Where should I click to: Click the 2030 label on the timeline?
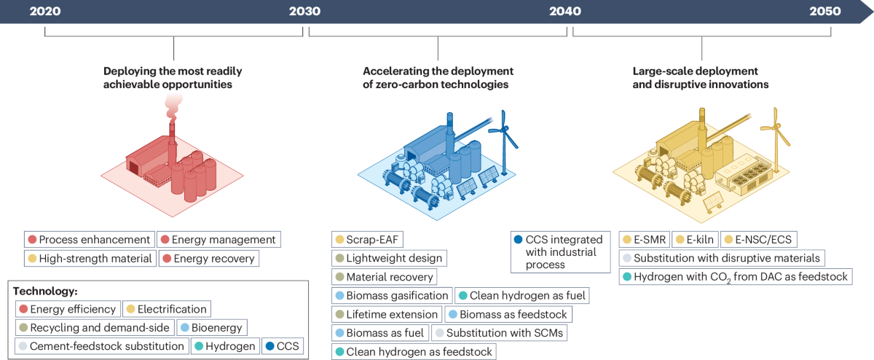coord(304,11)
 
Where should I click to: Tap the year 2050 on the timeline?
coord(824,11)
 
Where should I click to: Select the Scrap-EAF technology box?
coord(367,239)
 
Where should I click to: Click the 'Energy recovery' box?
coord(209,259)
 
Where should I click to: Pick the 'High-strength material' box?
coord(90,259)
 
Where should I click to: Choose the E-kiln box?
coord(695,239)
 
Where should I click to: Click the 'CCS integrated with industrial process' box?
coord(560,252)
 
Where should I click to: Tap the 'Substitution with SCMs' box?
coord(499,333)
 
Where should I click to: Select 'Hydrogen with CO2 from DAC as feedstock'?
coord(736,277)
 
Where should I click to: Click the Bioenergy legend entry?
coord(212,328)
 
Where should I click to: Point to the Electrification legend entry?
coord(167,309)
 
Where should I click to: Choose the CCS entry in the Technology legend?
coord(282,346)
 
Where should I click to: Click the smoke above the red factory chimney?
coord(173,106)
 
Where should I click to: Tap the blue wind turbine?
coord(504,143)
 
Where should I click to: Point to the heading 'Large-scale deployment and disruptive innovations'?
coord(701,78)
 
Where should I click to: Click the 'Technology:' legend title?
coord(45,291)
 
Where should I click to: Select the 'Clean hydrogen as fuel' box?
coord(522,296)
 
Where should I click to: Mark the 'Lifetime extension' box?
coord(387,314)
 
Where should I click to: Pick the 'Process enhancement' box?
coord(90,239)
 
